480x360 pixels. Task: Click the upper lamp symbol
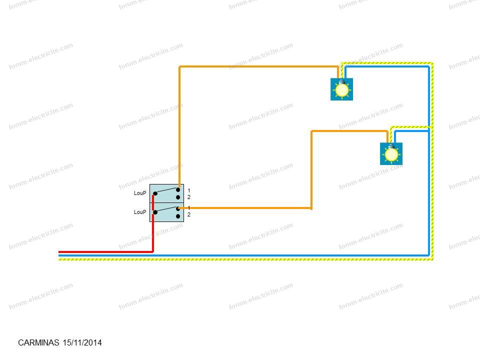click(341, 89)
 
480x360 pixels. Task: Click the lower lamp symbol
click(391, 153)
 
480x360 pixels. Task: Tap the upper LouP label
click(140, 193)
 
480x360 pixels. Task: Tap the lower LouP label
click(140, 212)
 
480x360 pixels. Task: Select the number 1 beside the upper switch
click(189, 190)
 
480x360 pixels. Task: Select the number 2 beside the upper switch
click(189, 197)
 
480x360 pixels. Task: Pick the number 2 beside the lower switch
click(189, 214)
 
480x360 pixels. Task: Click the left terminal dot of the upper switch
click(155, 193)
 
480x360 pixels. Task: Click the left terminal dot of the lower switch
click(155, 212)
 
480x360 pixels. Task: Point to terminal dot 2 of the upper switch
click(178, 197)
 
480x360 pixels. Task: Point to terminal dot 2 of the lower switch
click(178, 216)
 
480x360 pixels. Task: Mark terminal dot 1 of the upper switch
click(178, 190)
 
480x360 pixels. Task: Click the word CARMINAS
click(38, 342)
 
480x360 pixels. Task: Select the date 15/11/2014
click(82, 342)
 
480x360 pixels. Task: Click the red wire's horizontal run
click(105, 252)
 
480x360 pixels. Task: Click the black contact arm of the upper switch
click(166, 190)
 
